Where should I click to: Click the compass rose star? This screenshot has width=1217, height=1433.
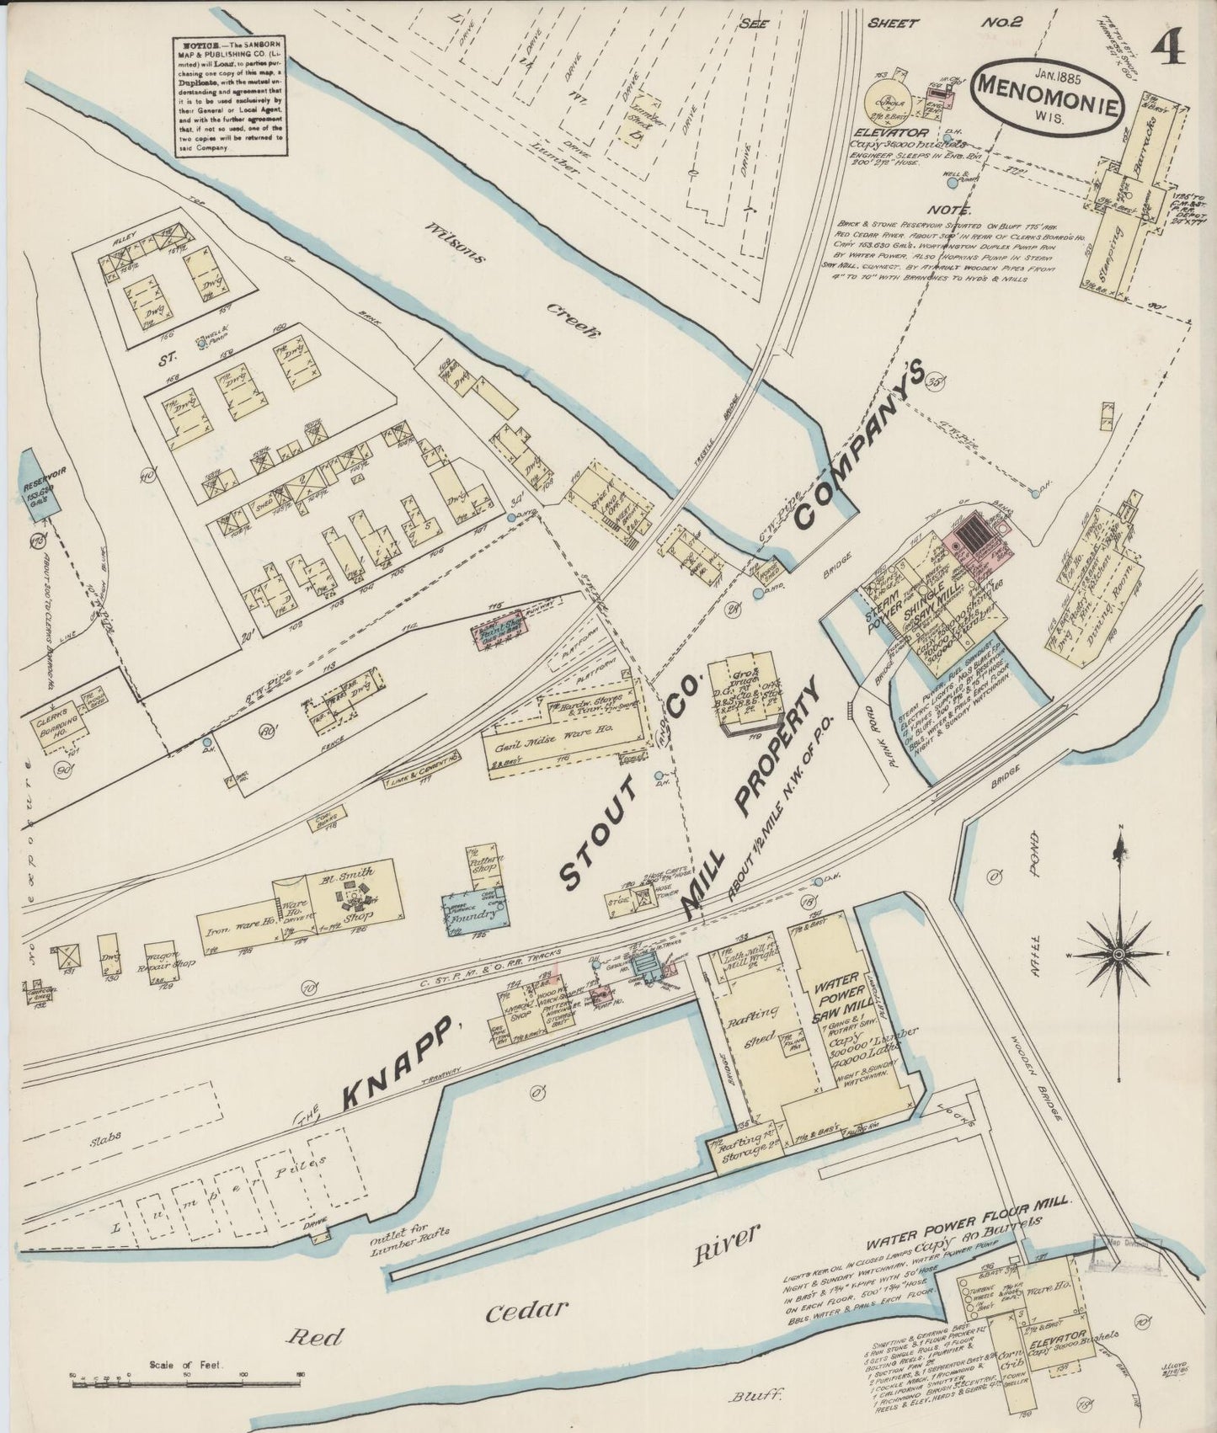(x=1119, y=954)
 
